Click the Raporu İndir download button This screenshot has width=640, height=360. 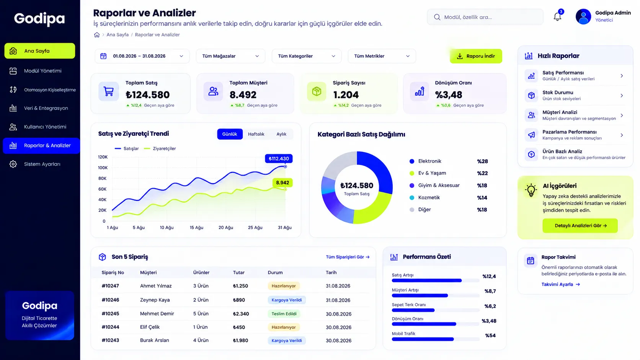tap(476, 56)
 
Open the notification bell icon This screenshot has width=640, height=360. tap(557, 16)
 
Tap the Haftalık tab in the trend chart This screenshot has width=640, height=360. tap(256, 134)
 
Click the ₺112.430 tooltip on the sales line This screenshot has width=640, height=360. tap(279, 158)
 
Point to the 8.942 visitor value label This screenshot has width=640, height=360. tap(282, 182)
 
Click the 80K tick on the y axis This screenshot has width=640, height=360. tap(102, 178)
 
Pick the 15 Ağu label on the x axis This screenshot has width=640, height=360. tap(196, 228)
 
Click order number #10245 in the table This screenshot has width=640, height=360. tap(110, 313)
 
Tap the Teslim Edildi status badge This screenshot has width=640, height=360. tap(284, 314)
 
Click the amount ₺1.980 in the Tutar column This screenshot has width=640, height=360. tap(240, 340)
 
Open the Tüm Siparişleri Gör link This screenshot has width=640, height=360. tap(348, 257)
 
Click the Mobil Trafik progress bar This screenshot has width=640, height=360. tap(435, 339)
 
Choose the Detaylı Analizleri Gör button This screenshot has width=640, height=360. tap(580, 226)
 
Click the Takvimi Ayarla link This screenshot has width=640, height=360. tap(560, 284)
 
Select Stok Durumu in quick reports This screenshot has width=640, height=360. tap(574, 95)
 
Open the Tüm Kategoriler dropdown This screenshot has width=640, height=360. tap(307, 56)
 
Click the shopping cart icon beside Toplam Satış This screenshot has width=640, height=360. tap(109, 91)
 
